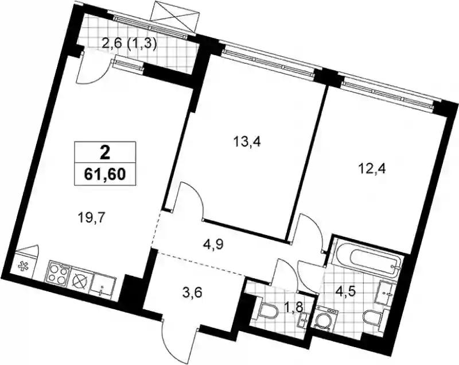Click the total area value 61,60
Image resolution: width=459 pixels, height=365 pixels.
click(x=105, y=174)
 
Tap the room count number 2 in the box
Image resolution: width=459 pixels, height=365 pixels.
click(x=105, y=152)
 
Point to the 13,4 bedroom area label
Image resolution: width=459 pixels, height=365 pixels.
click(x=247, y=142)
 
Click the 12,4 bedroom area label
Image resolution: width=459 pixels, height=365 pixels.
click(x=372, y=169)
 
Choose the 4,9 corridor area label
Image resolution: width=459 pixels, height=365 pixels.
click(x=213, y=244)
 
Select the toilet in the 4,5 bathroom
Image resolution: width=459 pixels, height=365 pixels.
click(x=372, y=318)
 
